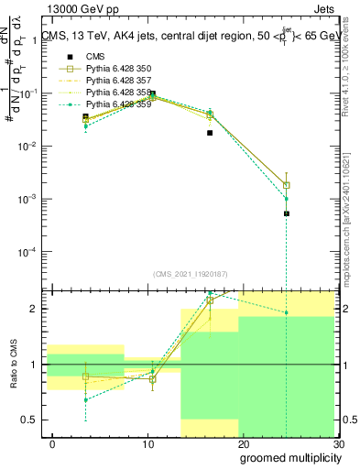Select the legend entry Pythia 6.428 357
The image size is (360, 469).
[113, 81]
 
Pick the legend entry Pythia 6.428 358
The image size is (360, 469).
[113, 93]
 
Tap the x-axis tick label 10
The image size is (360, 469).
[148, 444]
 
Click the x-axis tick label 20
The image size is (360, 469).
[244, 444]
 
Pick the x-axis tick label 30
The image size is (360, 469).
[337, 444]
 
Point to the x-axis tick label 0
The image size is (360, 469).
[53, 444]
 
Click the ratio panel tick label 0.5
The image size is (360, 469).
[28, 420]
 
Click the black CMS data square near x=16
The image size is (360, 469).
[210, 133]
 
